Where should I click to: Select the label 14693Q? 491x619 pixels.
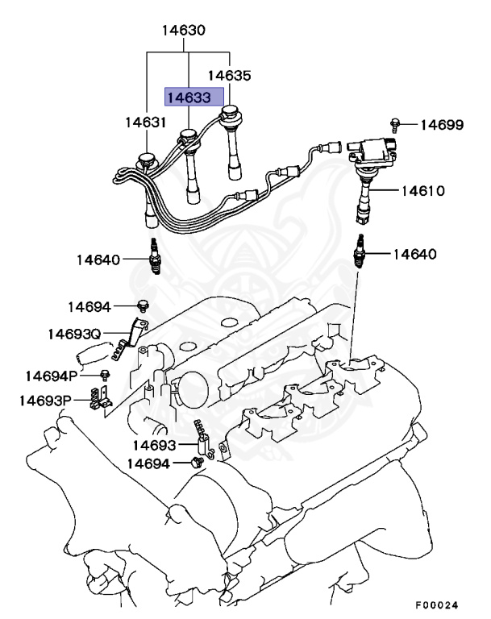click(73, 334)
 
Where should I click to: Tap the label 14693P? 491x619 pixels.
click(45, 401)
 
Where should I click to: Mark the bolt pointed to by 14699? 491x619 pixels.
click(395, 124)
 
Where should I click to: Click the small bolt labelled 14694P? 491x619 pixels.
click(105, 376)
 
